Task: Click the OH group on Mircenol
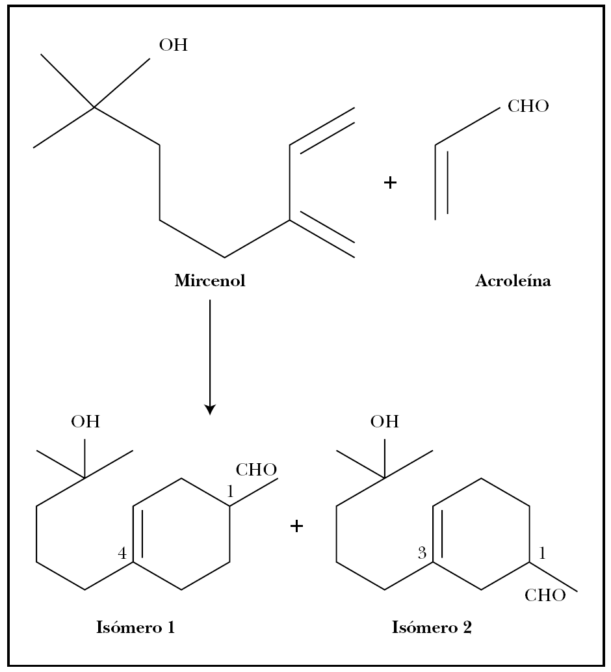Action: point(173,45)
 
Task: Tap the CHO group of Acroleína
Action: point(528,106)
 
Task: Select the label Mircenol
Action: point(210,281)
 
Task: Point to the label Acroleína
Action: point(513,281)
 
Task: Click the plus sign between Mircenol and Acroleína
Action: point(390,183)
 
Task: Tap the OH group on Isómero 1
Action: point(86,422)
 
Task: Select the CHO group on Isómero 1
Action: point(256,470)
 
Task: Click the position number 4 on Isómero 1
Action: point(122,554)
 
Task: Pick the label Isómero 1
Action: point(135,628)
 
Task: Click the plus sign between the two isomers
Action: point(296,526)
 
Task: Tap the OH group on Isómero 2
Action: point(385,422)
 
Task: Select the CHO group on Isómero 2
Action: point(545,596)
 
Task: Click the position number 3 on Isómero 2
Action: point(422,554)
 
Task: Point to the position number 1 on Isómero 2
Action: point(543,554)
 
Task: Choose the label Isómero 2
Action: point(432,628)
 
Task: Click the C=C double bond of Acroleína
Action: point(441,182)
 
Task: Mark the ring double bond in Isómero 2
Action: point(436,533)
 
